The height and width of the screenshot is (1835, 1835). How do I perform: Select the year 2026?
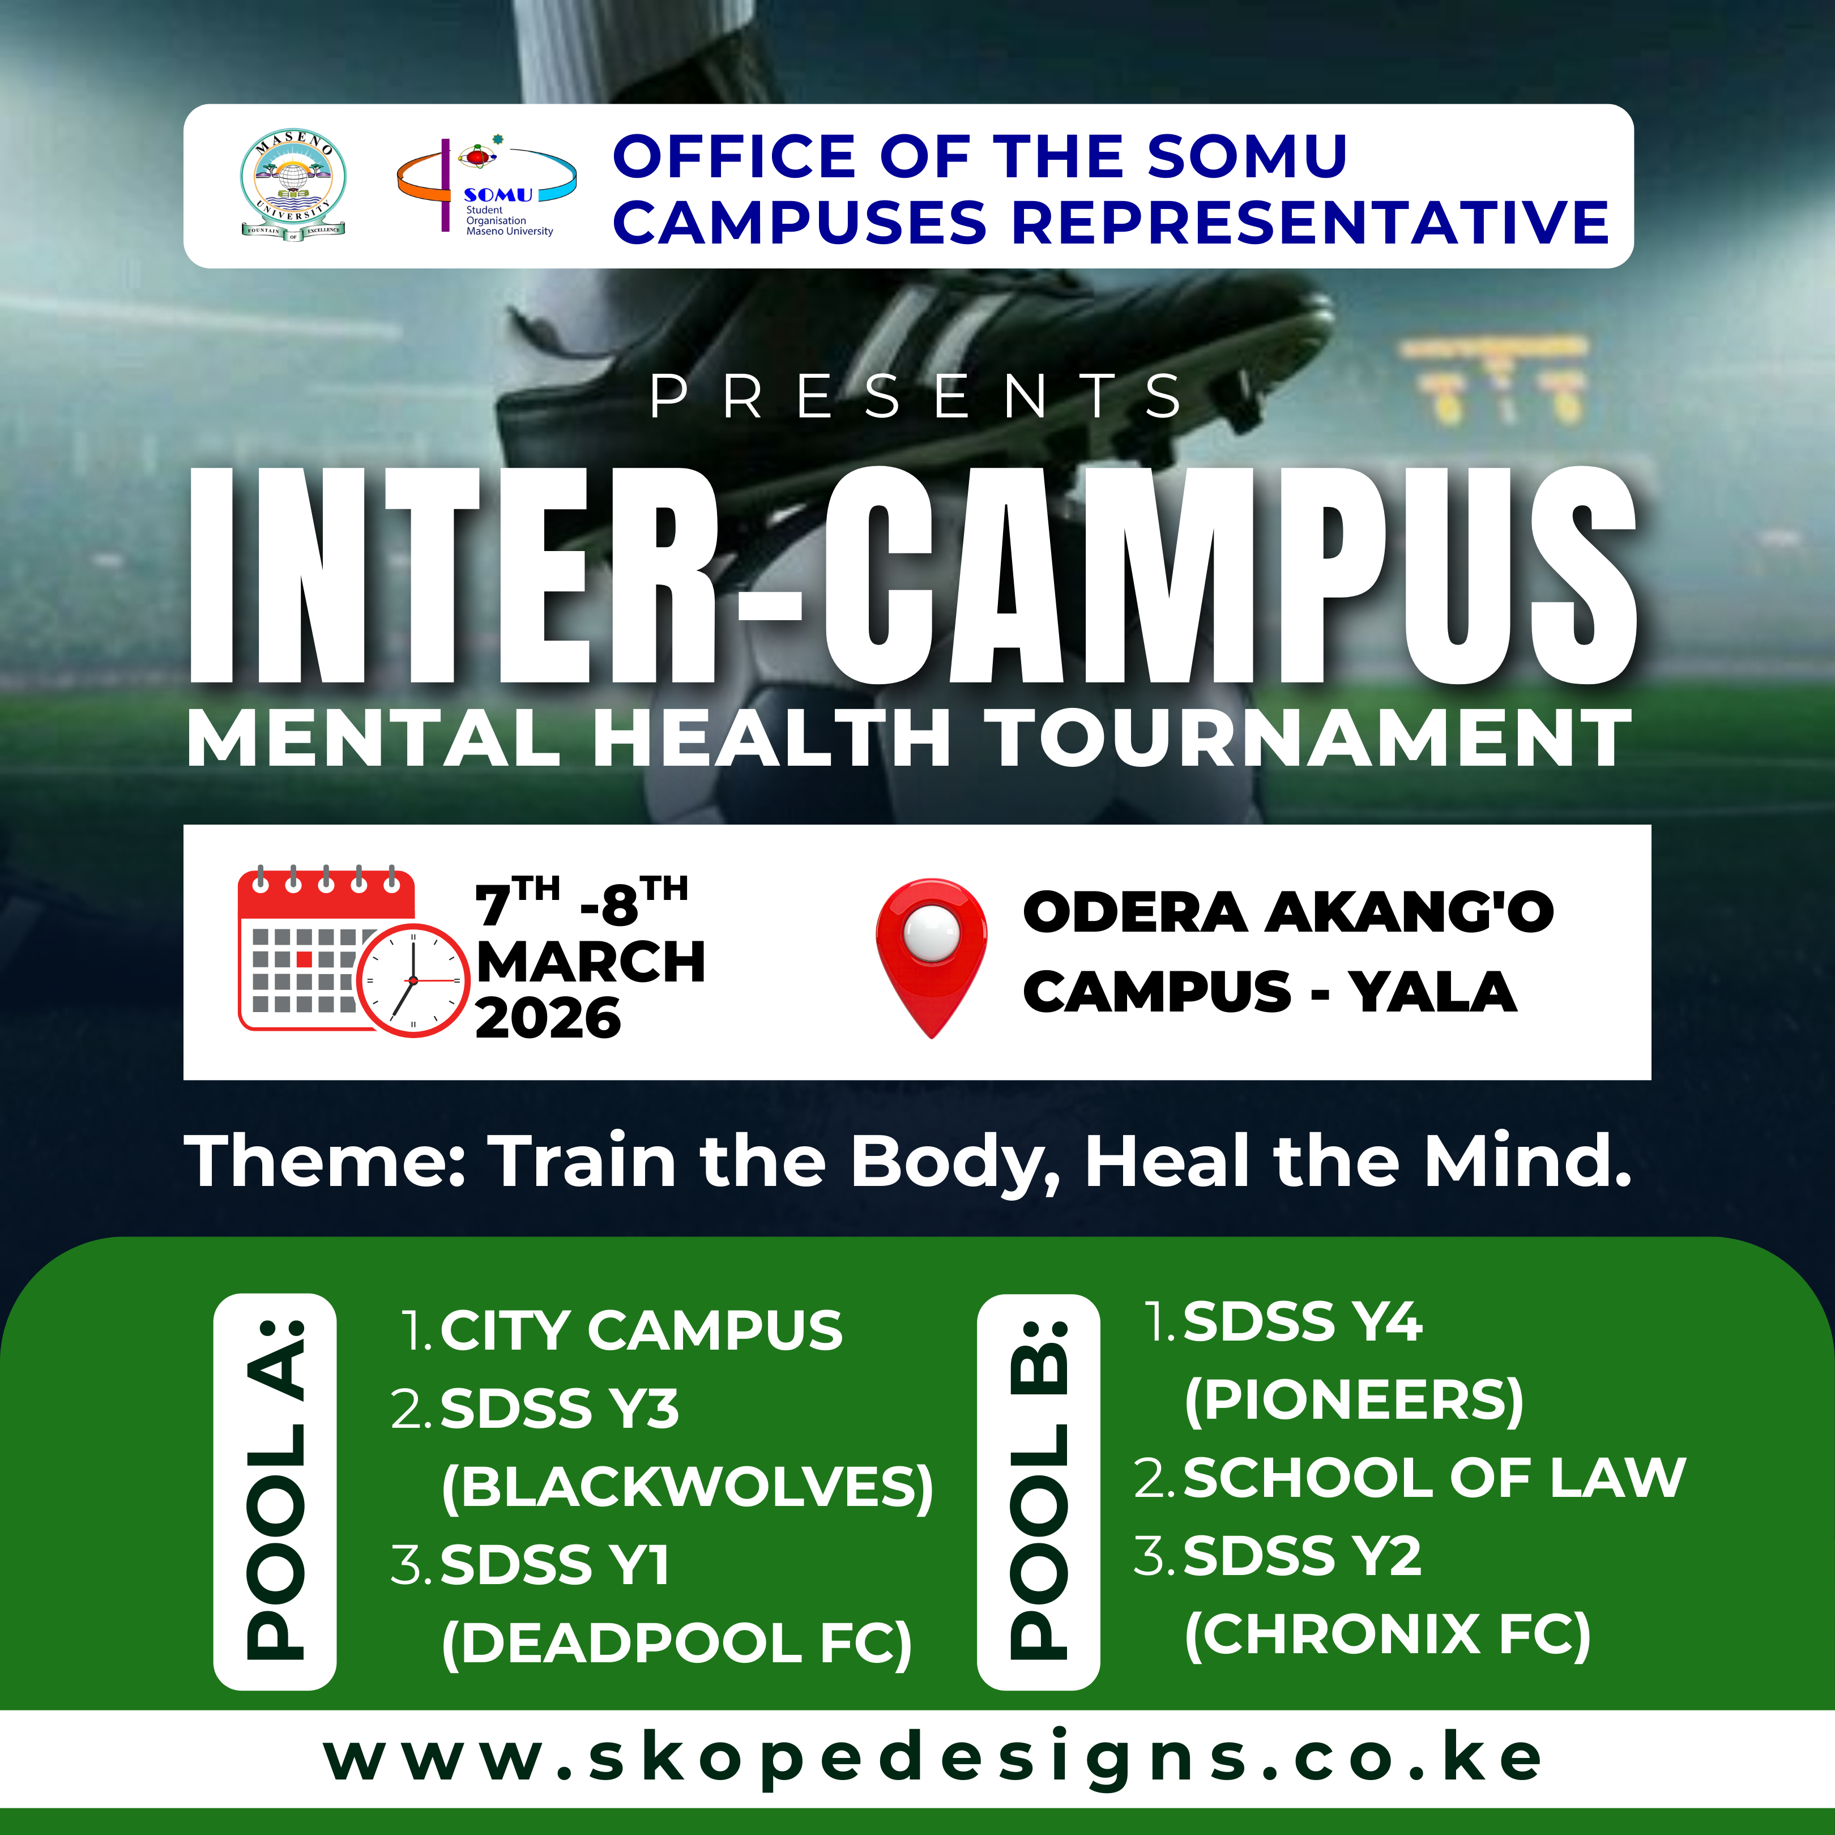point(548,1019)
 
